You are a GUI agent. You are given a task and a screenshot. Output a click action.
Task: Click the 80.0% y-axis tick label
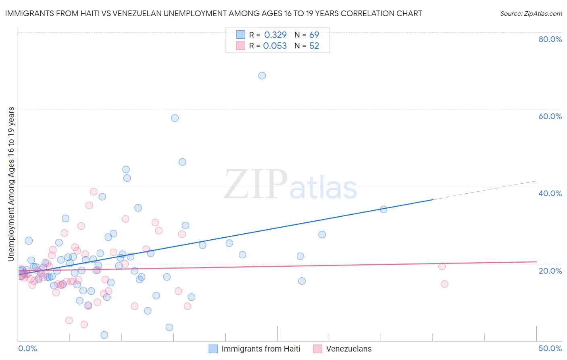coord(550,39)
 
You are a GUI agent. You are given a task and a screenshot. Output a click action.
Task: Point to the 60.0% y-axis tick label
coord(550,116)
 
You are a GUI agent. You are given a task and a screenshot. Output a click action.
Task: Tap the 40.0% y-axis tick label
coord(550,193)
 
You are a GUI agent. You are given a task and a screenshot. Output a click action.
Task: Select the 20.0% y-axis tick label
coord(550,271)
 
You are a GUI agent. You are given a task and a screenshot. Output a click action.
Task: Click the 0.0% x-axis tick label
coord(27,348)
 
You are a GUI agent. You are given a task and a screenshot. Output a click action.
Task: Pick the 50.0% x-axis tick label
coord(550,348)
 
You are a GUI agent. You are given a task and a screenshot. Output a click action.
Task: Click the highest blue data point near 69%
coord(262,75)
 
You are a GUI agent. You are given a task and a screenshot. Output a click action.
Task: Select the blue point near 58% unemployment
coord(175,118)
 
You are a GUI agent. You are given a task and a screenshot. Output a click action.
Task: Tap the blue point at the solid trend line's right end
coord(384,209)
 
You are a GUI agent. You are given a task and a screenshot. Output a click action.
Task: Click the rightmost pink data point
coord(444,284)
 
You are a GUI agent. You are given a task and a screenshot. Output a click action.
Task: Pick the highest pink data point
coord(94,192)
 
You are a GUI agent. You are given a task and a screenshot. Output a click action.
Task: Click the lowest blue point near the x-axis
coord(104,335)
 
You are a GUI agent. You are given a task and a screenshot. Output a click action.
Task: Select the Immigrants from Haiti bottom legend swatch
coord(213,349)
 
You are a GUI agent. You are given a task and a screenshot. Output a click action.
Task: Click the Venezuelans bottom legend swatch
coord(318,349)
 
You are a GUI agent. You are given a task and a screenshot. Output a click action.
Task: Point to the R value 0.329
coord(275,35)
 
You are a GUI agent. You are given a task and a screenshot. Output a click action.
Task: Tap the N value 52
coord(314,46)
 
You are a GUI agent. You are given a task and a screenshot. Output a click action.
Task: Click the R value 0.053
coord(275,46)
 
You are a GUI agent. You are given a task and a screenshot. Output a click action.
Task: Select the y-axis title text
coord(11,184)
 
